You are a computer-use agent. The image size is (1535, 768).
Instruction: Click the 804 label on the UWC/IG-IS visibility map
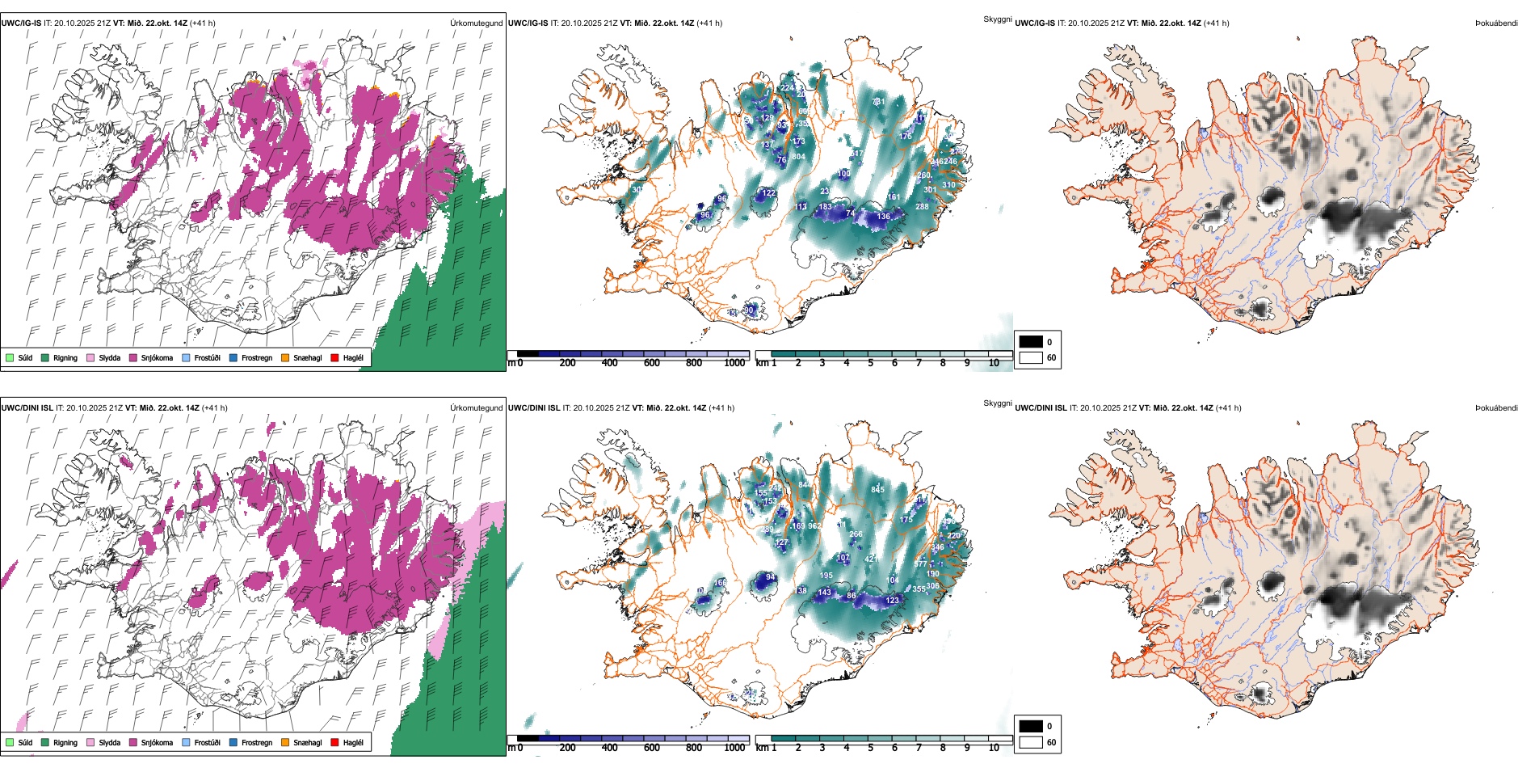[x=798, y=157]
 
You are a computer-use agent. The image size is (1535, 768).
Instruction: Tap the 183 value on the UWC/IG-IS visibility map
[x=825, y=207]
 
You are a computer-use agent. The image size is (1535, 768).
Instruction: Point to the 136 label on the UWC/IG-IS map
[x=884, y=217]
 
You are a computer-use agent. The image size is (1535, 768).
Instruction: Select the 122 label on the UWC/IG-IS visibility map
[x=769, y=193]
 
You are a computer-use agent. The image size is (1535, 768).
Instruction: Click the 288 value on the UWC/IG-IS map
[x=922, y=207]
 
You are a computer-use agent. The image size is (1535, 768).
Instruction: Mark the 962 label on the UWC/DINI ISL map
[x=814, y=526]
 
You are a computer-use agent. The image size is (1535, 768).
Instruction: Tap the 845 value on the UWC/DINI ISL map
[x=878, y=489]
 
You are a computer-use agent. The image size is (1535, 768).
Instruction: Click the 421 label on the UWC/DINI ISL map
[x=871, y=559]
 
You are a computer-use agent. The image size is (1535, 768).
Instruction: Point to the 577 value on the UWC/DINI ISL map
[x=920, y=563]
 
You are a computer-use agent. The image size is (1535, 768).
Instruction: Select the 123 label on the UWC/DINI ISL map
[x=892, y=601]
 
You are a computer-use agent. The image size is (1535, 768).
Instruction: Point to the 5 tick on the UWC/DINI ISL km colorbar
[x=871, y=748]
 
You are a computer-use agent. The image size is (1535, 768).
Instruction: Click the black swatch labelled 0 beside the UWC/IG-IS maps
[x=1031, y=342]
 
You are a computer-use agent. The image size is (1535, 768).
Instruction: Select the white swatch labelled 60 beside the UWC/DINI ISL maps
[x=1031, y=742]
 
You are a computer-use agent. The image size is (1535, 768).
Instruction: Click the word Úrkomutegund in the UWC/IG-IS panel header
[x=476, y=23]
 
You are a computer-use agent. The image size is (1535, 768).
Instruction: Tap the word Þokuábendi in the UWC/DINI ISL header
[x=1496, y=408]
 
